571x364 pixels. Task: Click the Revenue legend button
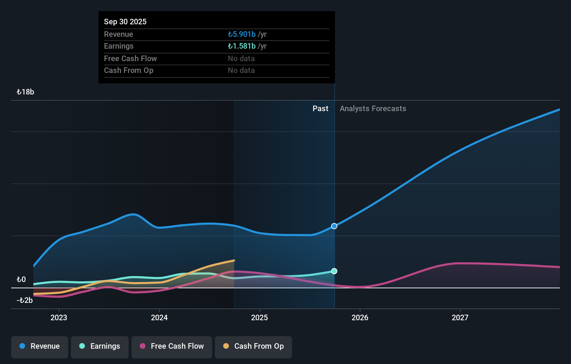[40, 346]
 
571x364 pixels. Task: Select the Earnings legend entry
[100, 346]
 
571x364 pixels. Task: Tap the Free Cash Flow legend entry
[172, 346]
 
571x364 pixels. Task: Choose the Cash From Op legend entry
[254, 346]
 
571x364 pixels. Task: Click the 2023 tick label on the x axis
[59, 317]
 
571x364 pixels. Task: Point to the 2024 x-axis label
[159, 317]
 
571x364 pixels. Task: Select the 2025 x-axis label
[259, 317]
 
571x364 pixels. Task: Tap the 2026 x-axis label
[360, 317]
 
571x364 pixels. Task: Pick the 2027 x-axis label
[460, 317]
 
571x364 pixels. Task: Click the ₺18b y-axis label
[25, 92]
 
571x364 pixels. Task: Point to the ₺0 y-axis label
[21, 280]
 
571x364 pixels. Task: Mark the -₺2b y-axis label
[25, 300]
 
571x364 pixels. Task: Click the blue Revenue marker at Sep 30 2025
[334, 226]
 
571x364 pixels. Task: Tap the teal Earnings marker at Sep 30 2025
[334, 271]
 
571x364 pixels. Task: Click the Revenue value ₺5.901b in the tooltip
[242, 34]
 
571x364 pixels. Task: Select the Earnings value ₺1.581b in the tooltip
[242, 46]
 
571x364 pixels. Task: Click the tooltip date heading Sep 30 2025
[125, 22]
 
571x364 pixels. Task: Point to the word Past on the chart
[320, 109]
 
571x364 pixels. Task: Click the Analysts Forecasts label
[373, 109]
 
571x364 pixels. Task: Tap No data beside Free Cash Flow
[241, 59]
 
